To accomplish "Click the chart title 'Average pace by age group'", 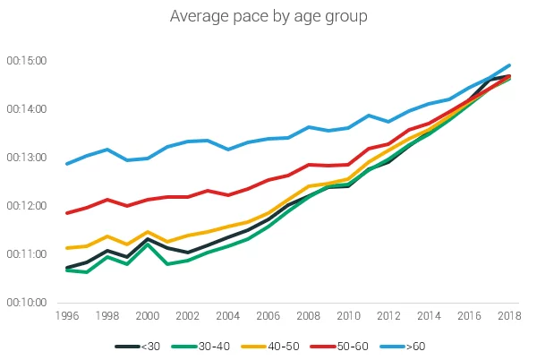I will click(x=268, y=16).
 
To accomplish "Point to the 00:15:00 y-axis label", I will click(x=28, y=61).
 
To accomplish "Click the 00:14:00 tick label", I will click(x=28, y=109).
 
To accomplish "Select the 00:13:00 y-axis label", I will click(x=28, y=158).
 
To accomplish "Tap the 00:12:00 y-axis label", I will click(x=28, y=206).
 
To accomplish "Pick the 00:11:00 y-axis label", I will click(x=28, y=254).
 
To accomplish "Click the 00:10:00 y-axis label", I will click(x=28, y=303).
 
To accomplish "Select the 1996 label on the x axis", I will click(x=66, y=316).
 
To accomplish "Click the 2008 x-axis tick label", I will click(x=309, y=316).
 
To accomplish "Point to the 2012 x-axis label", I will click(x=389, y=316).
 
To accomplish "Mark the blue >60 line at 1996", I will click(x=66, y=164).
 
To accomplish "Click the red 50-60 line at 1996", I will click(x=66, y=213).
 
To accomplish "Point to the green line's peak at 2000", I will click(x=147, y=244).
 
